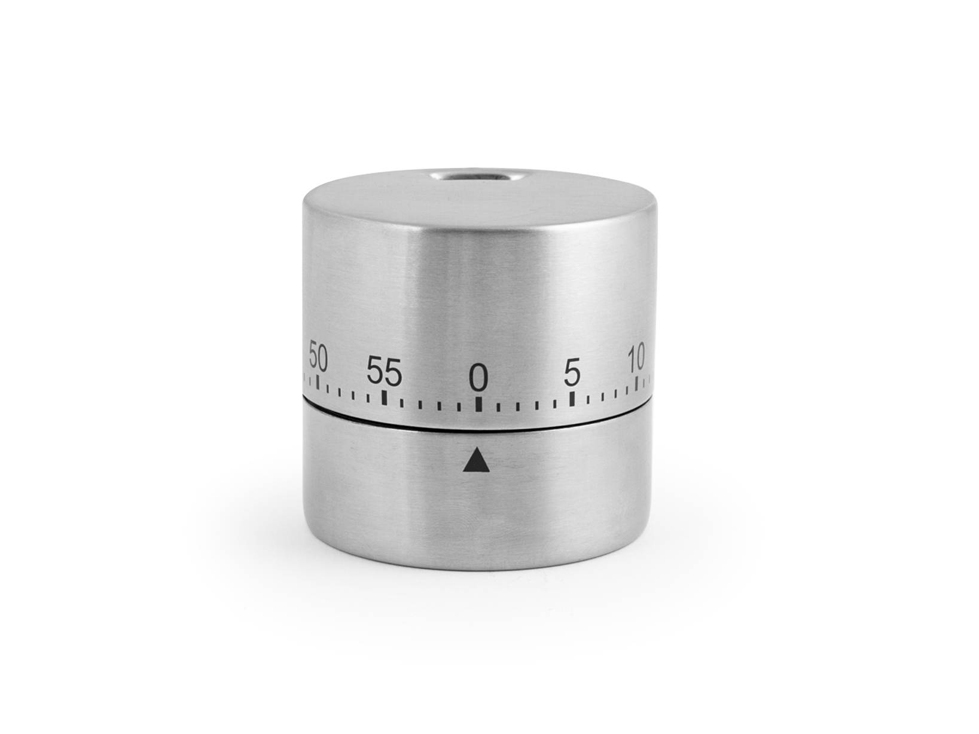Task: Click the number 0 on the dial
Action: [478, 377]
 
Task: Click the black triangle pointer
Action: [476, 460]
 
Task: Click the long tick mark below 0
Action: [478, 404]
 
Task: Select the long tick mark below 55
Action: [385, 398]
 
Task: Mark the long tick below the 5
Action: [572, 399]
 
